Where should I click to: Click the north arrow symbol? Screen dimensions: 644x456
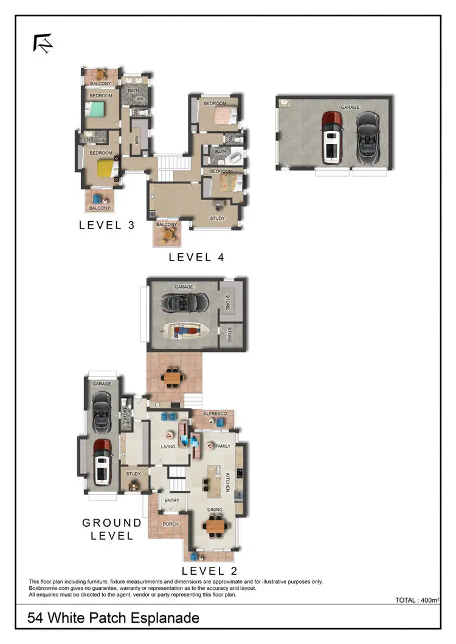coord(43,44)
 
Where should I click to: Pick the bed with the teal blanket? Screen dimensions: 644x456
coord(95,109)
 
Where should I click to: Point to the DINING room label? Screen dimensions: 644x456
coord(215,510)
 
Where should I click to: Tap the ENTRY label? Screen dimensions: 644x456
coord(172,501)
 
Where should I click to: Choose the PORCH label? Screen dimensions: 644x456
coord(171,522)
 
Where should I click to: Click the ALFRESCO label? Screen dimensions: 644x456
coord(215,414)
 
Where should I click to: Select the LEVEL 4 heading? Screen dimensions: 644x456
coord(196,257)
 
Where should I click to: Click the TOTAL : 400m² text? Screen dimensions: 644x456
coord(416,600)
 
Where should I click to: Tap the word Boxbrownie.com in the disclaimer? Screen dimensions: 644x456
coord(49,588)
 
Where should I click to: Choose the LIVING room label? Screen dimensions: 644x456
coord(168,447)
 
